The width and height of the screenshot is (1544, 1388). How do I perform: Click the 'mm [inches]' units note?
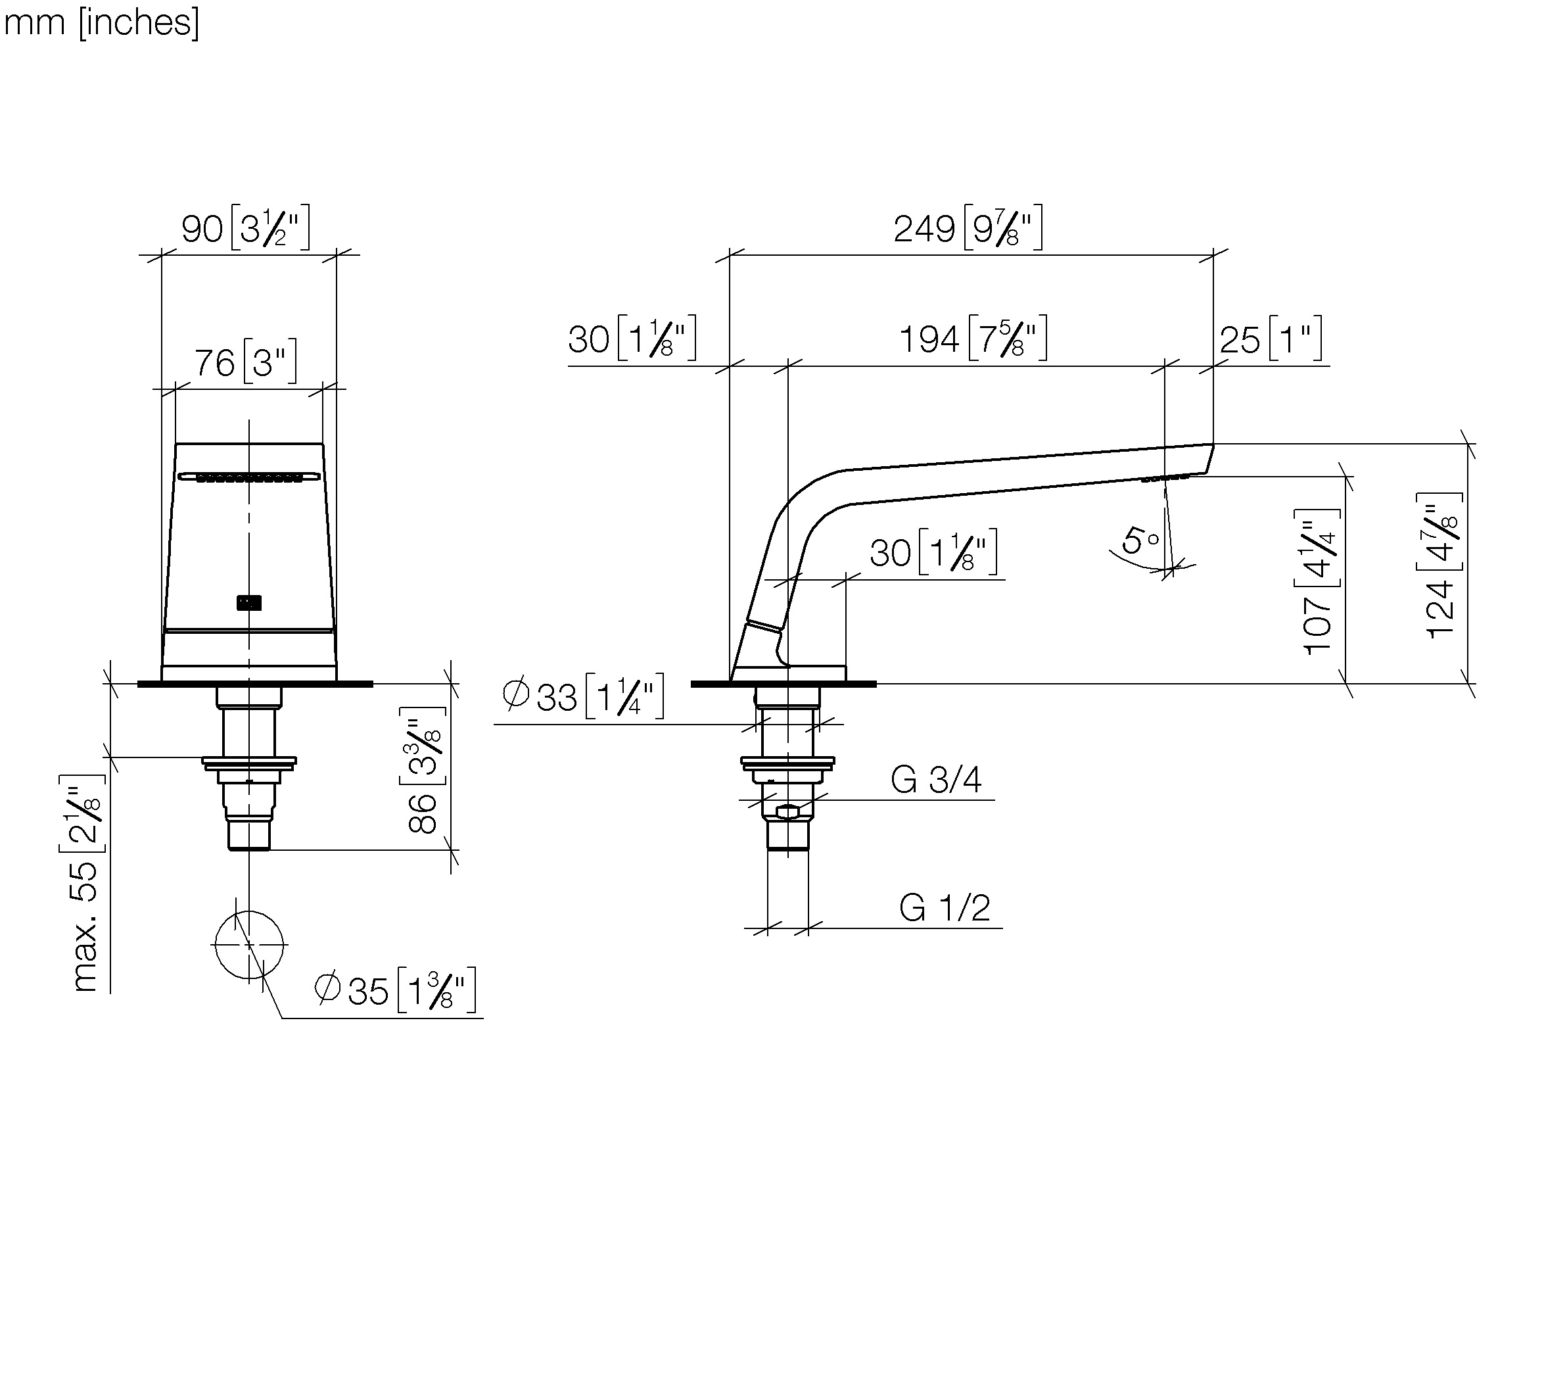[x=101, y=23]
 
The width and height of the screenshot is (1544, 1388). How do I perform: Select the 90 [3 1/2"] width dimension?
[x=246, y=227]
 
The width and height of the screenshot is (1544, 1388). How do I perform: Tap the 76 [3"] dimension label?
[x=246, y=362]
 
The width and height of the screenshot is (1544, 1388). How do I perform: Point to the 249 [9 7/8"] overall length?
[x=968, y=227]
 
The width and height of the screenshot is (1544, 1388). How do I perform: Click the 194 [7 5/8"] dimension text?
[x=973, y=338]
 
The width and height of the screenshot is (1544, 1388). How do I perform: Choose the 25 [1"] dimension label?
[x=1271, y=338]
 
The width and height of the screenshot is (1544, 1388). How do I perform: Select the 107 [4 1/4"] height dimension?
[x=1319, y=581]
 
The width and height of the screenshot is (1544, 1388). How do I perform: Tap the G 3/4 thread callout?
[x=935, y=779]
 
